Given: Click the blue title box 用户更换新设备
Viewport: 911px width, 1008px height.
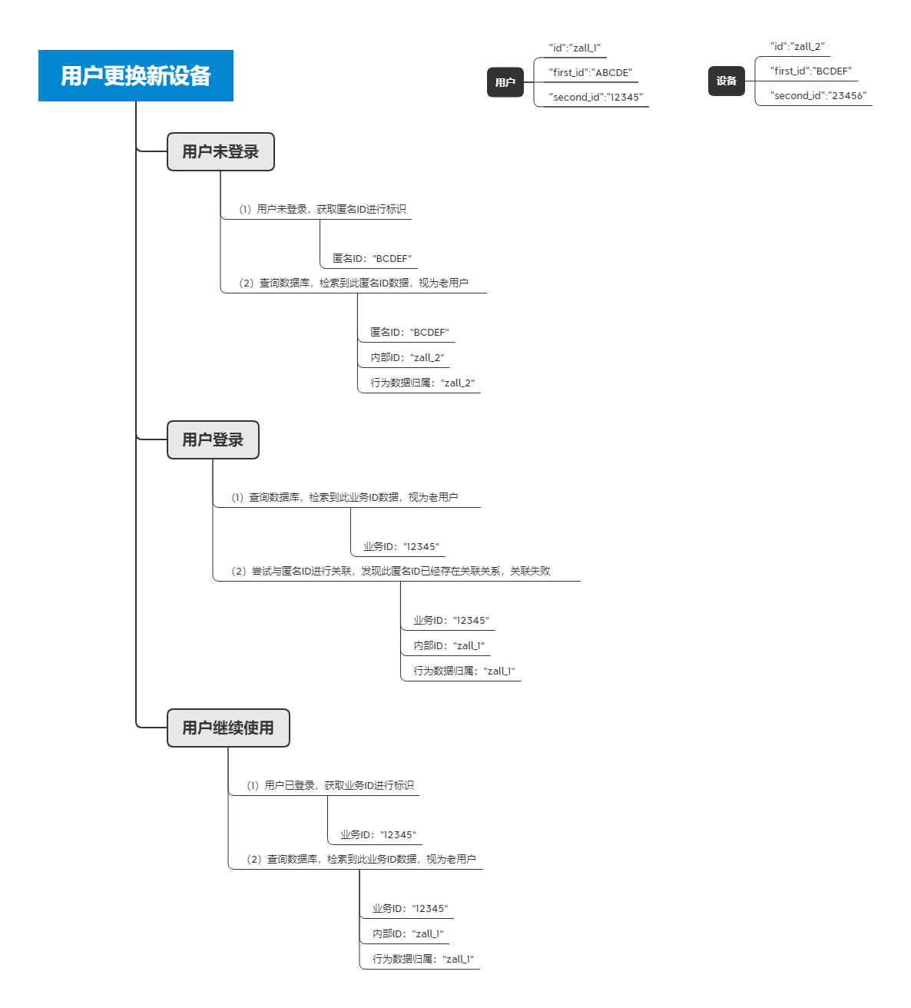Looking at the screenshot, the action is pyautogui.click(x=136, y=75).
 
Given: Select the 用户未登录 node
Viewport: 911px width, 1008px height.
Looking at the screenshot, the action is pyautogui.click(x=220, y=152).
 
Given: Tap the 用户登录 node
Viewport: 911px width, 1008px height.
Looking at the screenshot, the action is pyautogui.click(x=213, y=439).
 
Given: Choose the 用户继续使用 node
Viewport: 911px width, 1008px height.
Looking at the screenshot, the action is pyautogui.click(x=228, y=728).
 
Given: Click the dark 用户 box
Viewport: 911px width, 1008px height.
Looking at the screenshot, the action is pyautogui.click(x=505, y=82).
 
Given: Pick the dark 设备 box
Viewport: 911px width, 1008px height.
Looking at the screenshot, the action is pyautogui.click(x=726, y=81).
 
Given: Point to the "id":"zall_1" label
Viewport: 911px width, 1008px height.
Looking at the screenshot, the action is pyautogui.click(x=575, y=48).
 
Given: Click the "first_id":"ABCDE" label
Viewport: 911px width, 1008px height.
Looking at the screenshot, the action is pyautogui.click(x=591, y=72).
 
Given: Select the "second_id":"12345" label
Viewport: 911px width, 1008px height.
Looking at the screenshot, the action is pyautogui.click(x=595, y=97).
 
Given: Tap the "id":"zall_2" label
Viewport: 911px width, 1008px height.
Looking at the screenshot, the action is pyautogui.click(x=797, y=46).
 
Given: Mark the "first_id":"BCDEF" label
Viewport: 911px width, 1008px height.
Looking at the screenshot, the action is pyautogui.click(x=810, y=71).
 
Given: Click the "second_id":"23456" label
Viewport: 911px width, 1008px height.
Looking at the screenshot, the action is pyautogui.click(x=818, y=95).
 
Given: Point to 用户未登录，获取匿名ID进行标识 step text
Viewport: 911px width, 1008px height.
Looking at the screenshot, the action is pyautogui.click(x=322, y=209).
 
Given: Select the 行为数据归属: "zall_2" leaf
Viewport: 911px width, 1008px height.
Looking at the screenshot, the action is pyautogui.click(x=422, y=383).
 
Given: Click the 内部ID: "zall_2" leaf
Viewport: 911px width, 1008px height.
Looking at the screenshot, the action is pyautogui.click(x=407, y=357).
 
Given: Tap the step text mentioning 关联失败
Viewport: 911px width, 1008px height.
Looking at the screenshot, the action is pyautogui.click(x=390, y=571).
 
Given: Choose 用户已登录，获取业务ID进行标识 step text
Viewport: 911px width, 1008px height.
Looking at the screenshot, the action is pyautogui.click(x=330, y=785).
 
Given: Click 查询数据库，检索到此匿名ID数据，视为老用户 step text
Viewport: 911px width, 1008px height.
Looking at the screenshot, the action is pyautogui.click(x=353, y=283).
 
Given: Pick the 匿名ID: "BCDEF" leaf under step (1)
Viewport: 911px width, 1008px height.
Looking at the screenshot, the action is pyautogui.click(x=372, y=258).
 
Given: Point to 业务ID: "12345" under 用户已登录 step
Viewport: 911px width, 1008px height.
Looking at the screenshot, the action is pyautogui.click(x=378, y=834).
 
